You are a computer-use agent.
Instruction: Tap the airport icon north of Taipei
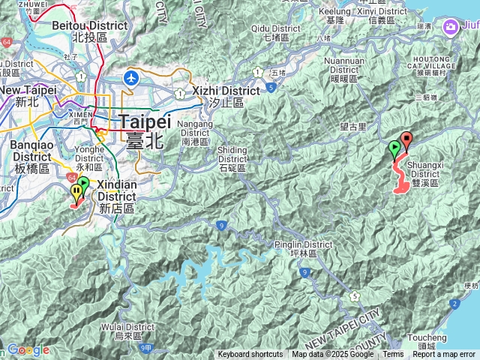pos(133,77)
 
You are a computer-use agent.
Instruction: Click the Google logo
pos(28,350)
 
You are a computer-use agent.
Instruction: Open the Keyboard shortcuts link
pos(250,355)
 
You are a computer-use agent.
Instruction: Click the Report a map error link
pos(444,355)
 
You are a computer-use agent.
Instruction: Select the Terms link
pos(393,355)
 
